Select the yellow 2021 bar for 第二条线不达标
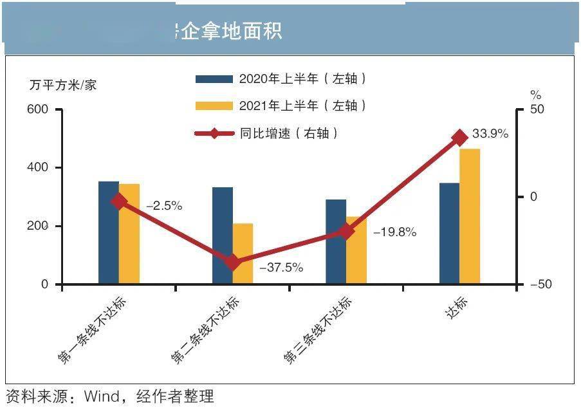243,254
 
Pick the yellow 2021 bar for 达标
470,216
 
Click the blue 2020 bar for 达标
449,234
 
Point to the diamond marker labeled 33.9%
459,138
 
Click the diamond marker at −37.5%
233,262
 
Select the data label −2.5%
164,207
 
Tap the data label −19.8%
395,232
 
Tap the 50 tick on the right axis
537,109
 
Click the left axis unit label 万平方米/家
63,85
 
